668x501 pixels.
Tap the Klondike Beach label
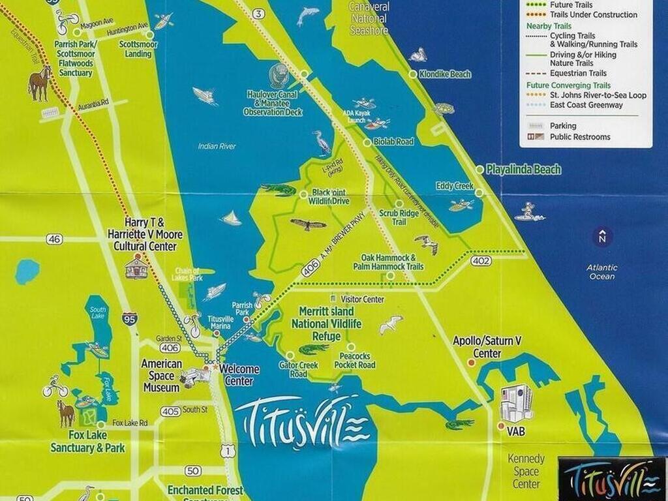point(446,74)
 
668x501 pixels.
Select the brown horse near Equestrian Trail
point(40,83)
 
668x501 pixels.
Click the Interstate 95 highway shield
point(129,319)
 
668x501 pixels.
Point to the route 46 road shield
point(55,239)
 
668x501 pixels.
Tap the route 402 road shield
point(479,260)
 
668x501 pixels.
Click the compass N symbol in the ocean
point(603,237)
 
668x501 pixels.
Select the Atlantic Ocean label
point(601,271)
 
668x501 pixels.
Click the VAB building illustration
point(515,402)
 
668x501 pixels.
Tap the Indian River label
point(217,146)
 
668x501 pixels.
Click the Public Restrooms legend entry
point(579,137)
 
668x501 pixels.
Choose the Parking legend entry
point(563,126)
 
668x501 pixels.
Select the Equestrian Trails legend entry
point(577,73)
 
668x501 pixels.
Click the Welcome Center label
point(239,374)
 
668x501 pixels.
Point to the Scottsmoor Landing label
point(135,50)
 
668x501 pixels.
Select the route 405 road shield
point(170,411)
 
